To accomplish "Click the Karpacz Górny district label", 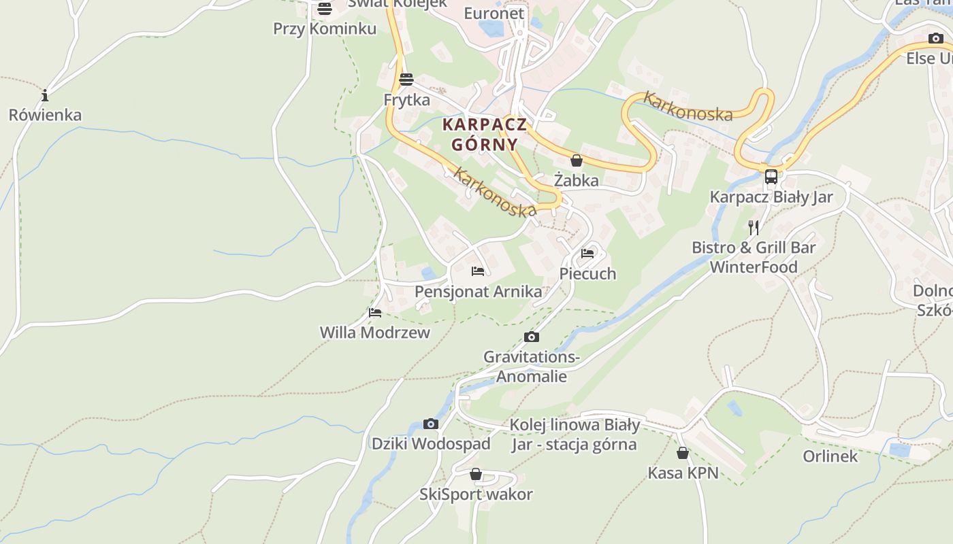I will tap(484, 135).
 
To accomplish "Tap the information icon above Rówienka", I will tap(45, 95).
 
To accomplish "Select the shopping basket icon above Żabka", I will tap(577, 160).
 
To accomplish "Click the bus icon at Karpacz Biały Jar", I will tap(771, 177).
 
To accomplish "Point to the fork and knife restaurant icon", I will tap(754, 227).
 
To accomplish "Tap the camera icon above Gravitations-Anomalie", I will tap(532, 337).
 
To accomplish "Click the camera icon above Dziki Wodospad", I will tap(430, 424).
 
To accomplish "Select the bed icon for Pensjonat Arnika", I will tap(478, 271).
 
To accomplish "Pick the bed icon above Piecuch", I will tap(587, 254).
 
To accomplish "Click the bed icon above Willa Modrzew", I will tap(375, 313).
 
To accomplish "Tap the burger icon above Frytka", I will tap(406, 80).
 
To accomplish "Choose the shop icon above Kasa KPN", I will tap(683, 453).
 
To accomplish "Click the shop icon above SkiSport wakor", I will tap(476, 474).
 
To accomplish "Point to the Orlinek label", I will tap(830, 456).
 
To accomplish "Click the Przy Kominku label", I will tap(325, 29).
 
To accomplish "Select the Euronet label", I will tap(494, 14).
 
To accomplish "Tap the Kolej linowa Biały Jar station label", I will tap(575, 435).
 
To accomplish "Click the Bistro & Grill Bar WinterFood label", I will tap(754, 257).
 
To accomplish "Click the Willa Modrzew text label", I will tap(375, 333).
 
